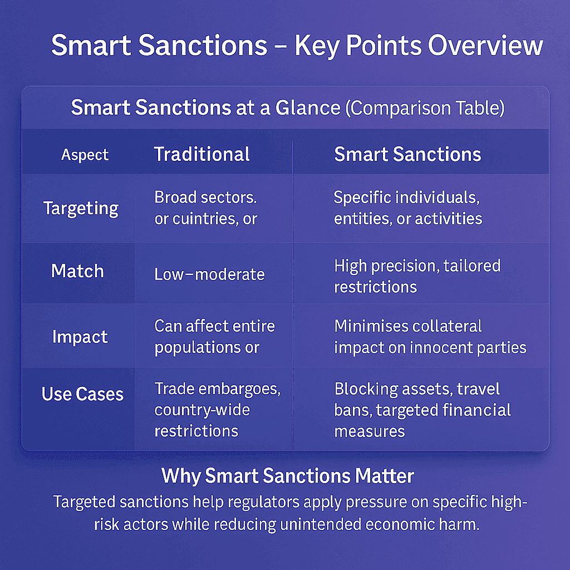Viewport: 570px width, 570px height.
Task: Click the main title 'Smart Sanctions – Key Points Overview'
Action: point(297,46)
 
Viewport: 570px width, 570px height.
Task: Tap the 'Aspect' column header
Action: point(85,155)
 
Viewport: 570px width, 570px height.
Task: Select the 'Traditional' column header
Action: point(202,154)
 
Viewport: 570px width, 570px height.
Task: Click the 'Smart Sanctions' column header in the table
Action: point(407,154)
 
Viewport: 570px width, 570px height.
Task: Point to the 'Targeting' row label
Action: point(81,208)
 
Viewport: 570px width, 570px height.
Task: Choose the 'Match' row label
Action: point(77,271)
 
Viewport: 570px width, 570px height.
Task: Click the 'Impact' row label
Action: point(80,337)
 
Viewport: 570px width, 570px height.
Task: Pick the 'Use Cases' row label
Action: point(82,394)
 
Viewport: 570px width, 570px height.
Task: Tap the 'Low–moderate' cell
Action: point(209,273)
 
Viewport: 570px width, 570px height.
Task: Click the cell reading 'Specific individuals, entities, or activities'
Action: point(408,208)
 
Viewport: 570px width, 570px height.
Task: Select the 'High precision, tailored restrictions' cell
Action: point(417,276)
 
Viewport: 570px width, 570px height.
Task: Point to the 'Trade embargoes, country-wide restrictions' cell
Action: point(217,409)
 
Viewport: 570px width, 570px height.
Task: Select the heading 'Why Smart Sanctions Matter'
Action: point(288,476)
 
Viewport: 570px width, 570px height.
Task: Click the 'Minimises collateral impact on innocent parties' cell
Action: point(430,336)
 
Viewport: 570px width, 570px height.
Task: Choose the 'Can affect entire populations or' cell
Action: point(214,336)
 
